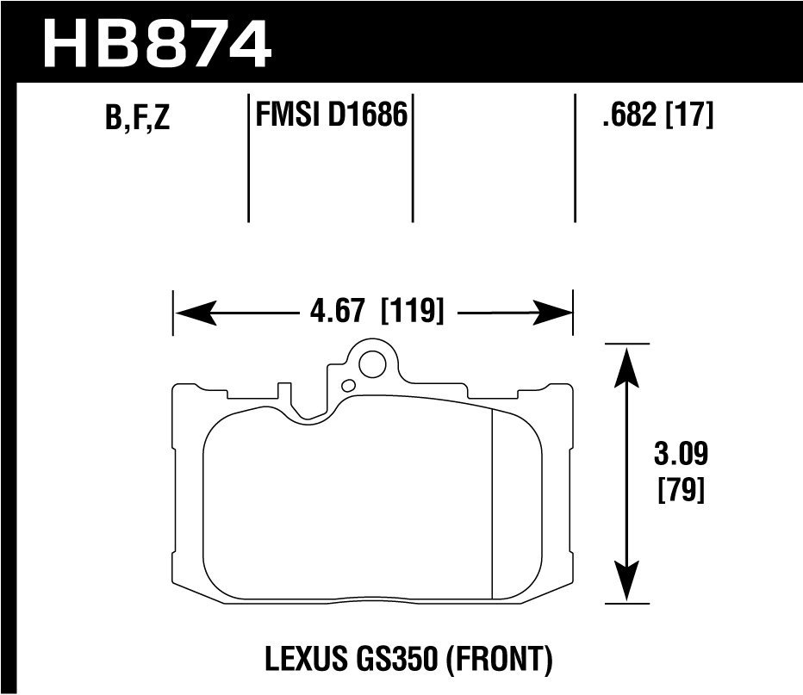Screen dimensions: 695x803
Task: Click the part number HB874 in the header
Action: (x=155, y=43)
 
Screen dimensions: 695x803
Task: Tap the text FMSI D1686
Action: (x=331, y=114)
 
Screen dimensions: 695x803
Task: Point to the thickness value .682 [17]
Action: (x=658, y=114)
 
